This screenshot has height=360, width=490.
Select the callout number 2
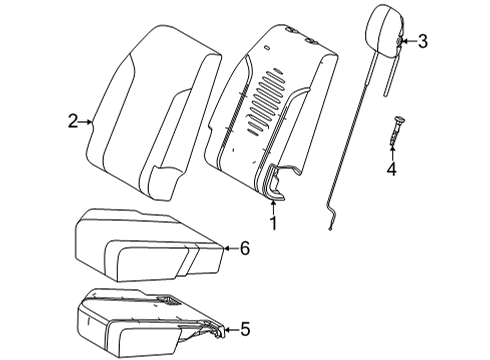73,122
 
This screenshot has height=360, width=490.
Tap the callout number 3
422,41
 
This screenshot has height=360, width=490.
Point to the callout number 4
392,170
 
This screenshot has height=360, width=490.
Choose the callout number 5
245,327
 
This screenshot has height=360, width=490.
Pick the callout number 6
245,248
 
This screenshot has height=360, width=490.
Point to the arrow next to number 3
405,41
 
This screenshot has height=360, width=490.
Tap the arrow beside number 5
228,327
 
